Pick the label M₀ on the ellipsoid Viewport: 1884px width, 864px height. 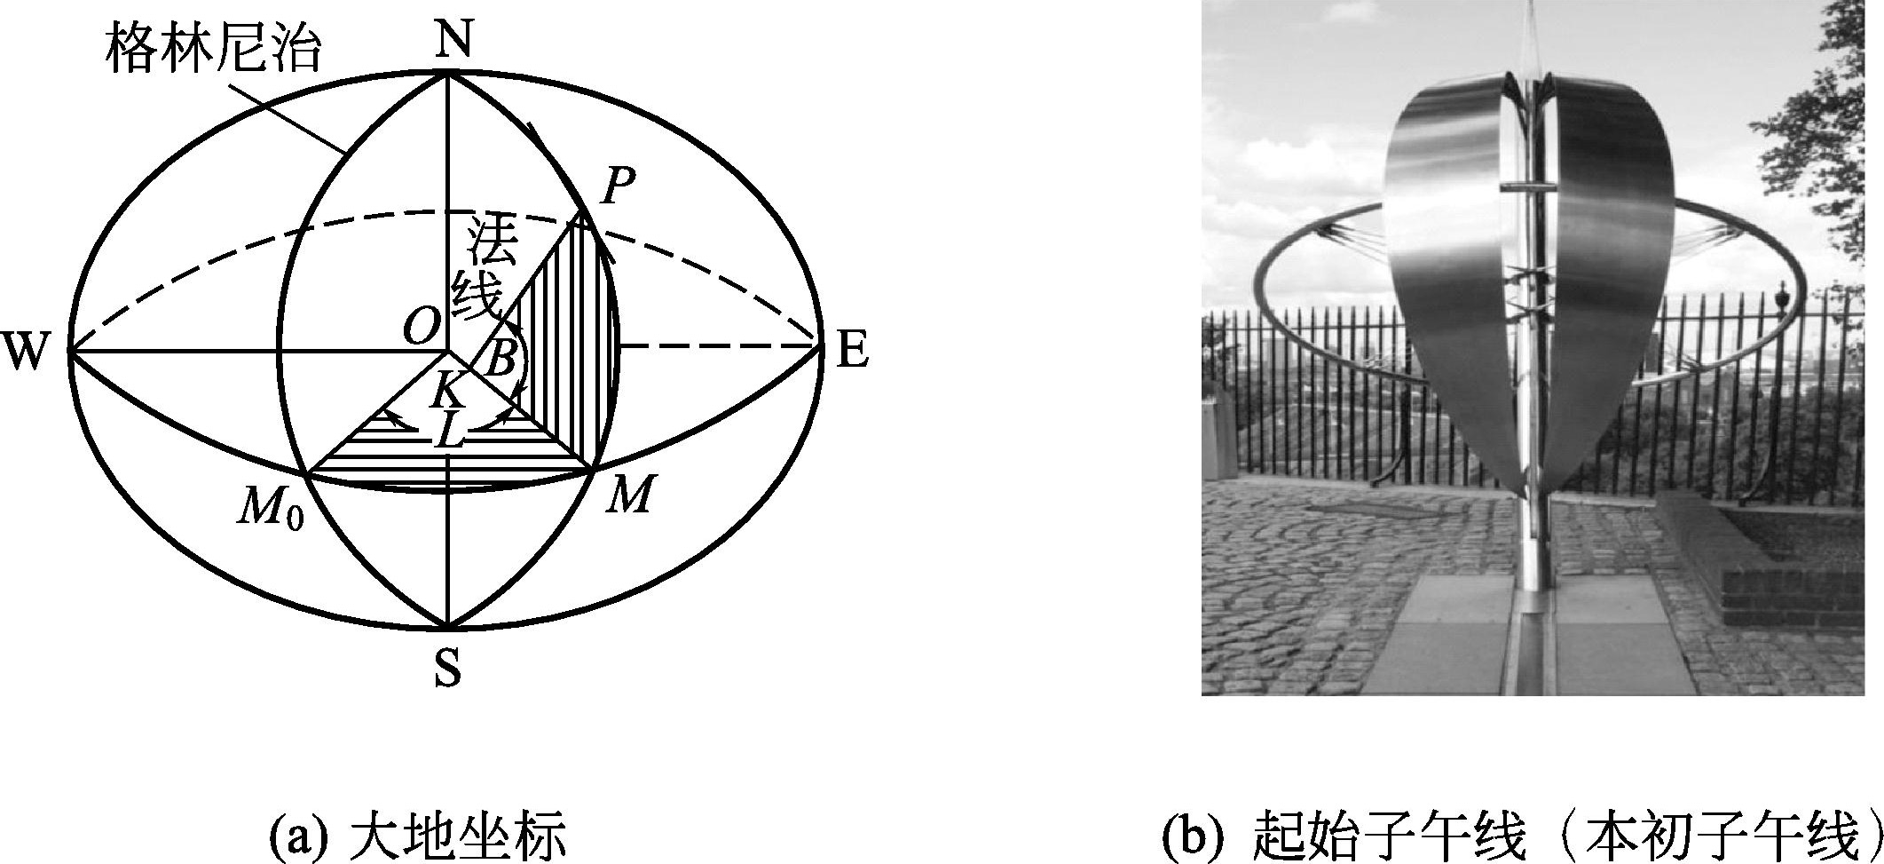click(268, 511)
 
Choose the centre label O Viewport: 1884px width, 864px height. click(421, 329)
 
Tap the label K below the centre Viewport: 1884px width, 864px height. click(449, 389)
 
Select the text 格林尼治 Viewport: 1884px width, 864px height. click(212, 49)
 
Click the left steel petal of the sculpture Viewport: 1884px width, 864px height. click(1447, 266)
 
